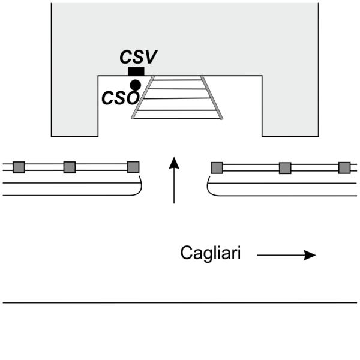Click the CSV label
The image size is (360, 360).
138,58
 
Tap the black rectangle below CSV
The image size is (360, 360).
136,71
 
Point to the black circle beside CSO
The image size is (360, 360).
136,85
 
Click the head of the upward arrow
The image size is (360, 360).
174,162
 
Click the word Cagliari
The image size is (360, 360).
211,254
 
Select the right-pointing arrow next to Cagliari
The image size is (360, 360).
286,255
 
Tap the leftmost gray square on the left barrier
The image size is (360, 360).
19,167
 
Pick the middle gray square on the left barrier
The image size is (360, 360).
69,167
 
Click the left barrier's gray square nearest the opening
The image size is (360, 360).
133,167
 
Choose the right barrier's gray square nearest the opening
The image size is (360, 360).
217,167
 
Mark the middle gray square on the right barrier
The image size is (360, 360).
285,167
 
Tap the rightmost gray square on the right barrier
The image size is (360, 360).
344,167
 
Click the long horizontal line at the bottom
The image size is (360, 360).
180,302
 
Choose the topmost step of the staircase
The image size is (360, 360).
177,78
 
